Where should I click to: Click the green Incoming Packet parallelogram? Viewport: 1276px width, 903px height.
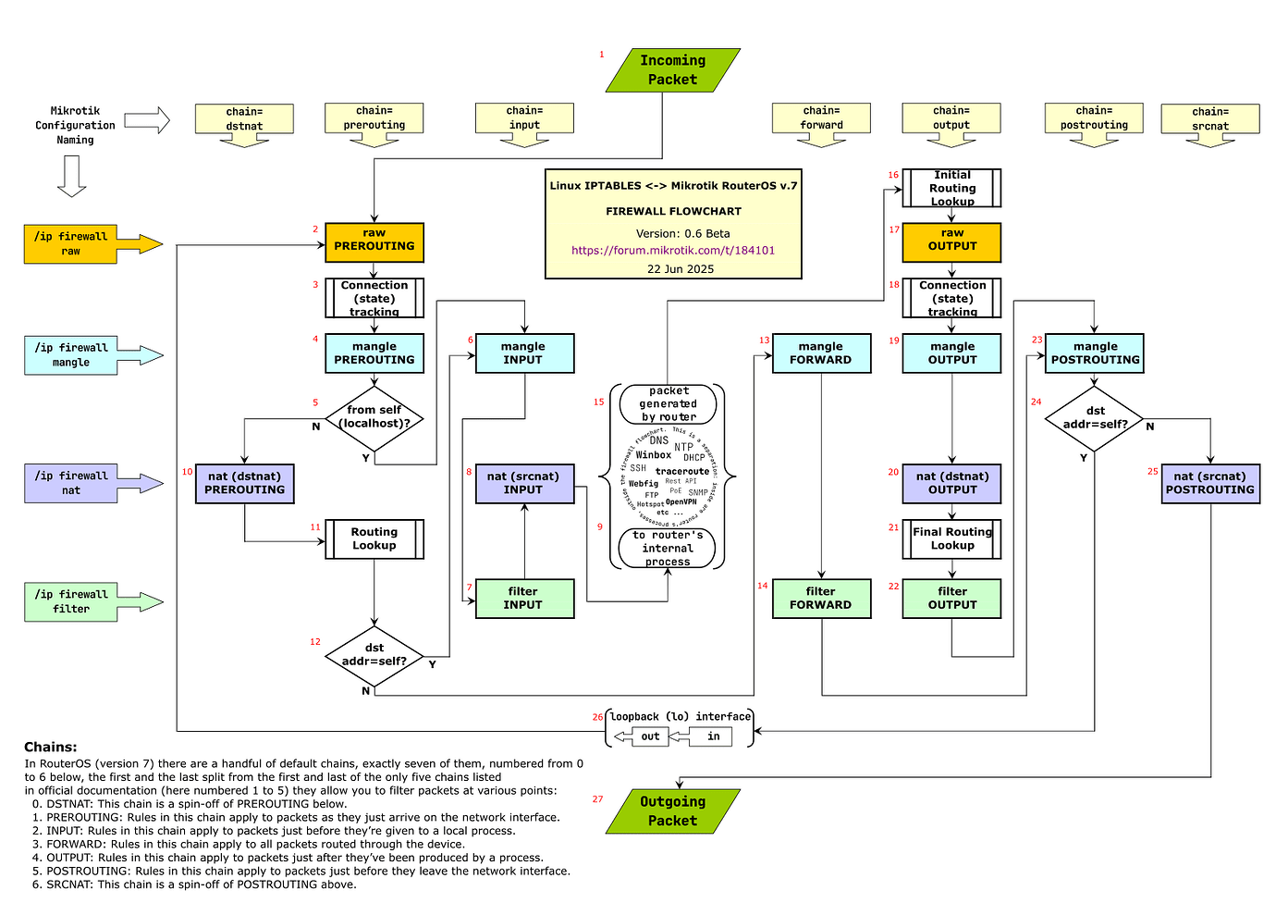[672, 70]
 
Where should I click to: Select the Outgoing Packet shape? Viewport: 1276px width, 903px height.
[672, 811]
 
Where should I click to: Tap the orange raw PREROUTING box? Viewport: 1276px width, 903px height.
[374, 241]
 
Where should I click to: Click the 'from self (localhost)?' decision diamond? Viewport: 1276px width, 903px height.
[374, 417]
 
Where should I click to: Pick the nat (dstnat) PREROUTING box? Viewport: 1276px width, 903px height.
[245, 483]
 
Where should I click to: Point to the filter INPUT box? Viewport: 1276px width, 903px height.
[523, 599]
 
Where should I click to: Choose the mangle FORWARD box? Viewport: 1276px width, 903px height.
[821, 353]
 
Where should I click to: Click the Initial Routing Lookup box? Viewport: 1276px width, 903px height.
[951, 188]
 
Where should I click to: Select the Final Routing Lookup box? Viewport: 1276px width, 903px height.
[951, 538]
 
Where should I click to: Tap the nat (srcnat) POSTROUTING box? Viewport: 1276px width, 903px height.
[1210, 483]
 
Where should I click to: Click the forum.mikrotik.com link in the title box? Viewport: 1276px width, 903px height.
[673, 250]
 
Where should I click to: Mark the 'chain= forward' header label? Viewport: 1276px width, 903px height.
[821, 118]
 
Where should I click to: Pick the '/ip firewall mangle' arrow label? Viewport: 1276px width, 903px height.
[71, 355]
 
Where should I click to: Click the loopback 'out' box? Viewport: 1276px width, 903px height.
[650, 736]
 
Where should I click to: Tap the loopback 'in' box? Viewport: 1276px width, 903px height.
[713, 736]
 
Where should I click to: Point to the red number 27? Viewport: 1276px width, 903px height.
[597, 799]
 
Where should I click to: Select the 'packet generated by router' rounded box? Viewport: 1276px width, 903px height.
[669, 404]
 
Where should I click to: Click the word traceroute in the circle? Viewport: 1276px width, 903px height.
[682, 472]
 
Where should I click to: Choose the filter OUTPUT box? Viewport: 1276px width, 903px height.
[951, 599]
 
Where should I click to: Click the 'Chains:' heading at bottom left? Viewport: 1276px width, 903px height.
[51, 748]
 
